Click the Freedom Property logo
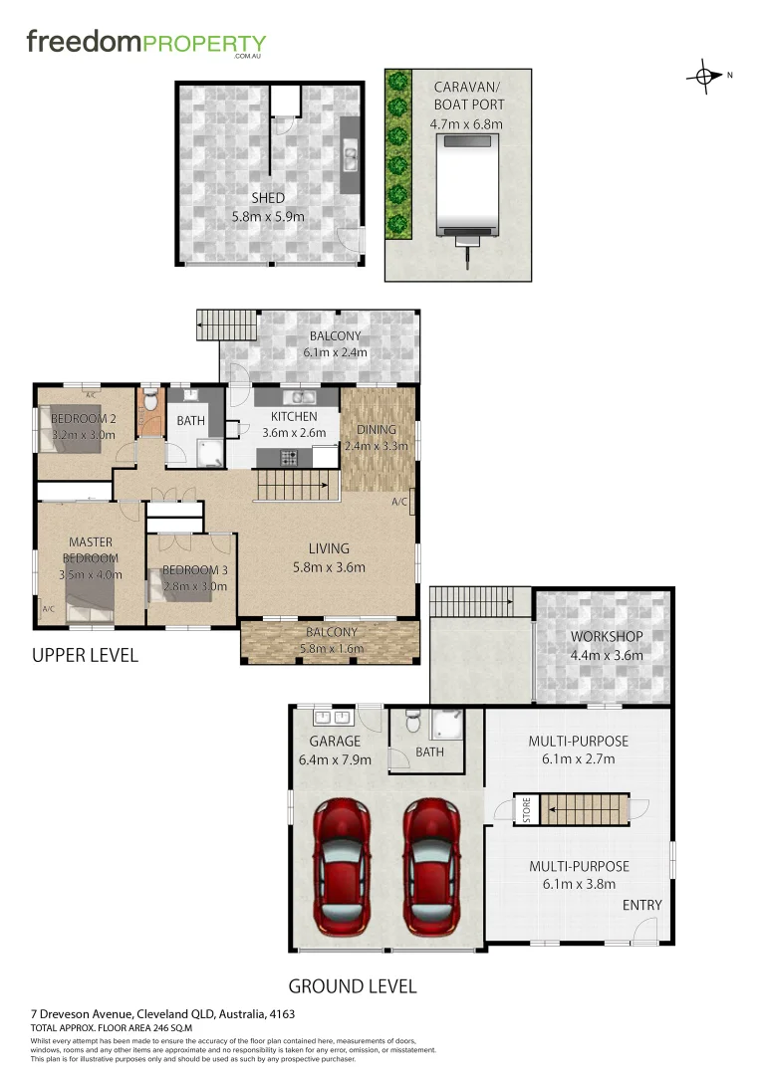145,44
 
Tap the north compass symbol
705,76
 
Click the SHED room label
268,198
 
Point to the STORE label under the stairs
527,810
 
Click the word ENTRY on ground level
641,905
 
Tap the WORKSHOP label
606,637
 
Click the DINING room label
376,430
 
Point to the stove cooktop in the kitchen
291,458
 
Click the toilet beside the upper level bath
149,400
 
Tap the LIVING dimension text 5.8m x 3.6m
329,567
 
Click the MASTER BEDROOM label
90,549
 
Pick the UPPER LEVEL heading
85,656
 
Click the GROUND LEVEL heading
352,986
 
